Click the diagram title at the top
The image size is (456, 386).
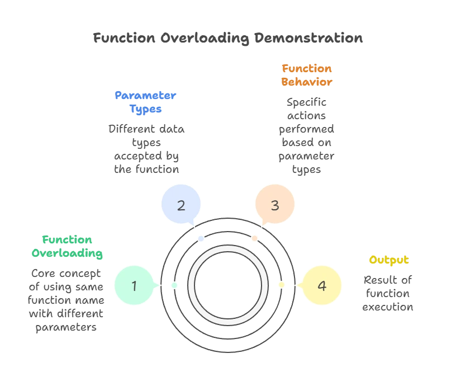click(x=228, y=39)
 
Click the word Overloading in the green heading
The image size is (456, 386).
click(x=66, y=253)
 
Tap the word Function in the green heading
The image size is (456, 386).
click(x=67, y=241)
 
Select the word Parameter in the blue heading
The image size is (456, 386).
click(x=145, y=95)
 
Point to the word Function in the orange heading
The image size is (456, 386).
click(x=307, y=69)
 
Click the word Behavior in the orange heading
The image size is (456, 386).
click(x=307, y=81)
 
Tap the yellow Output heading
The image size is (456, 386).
click(x=388, y=260)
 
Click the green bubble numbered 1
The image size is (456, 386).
click(x=134, y=286)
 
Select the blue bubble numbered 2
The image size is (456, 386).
click(x=181, y=205)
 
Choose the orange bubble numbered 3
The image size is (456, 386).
click(x=275, y=205)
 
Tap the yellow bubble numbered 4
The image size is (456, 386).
click(x=321, y=286)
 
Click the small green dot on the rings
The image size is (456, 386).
click(x=174, y=285)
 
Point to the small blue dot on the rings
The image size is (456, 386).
click(x=201, y=239)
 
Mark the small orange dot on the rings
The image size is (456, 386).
click(x=255, y=239)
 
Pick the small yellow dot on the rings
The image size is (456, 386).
click(x=282, y=285)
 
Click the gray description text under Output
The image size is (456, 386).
click(x=388, y=292)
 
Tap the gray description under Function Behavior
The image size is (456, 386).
click(x=306, y=135)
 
